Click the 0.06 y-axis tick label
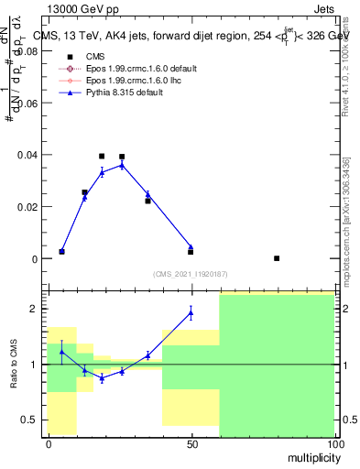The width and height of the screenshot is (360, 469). (29, 104)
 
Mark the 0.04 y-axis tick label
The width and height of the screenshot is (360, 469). (29, 155)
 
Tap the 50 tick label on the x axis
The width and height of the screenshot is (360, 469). (191, 443)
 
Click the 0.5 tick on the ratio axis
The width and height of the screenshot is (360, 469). (33, 420)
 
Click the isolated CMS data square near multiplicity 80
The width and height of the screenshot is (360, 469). (277, 258)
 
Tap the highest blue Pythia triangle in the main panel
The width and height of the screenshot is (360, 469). (122, 165)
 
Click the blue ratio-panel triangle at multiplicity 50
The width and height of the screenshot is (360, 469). (191, 312)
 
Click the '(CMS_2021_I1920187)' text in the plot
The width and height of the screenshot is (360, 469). (191, 274)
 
